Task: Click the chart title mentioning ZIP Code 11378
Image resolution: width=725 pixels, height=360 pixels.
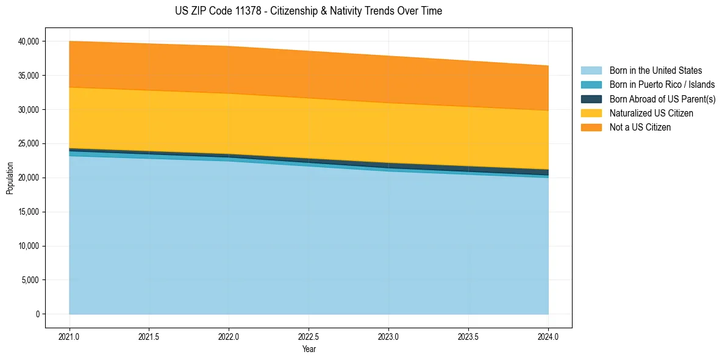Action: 309,11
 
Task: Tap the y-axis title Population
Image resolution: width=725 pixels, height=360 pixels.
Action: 10,178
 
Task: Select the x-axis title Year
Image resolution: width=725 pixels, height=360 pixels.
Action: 309,349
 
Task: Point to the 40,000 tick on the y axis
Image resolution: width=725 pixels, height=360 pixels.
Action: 29,41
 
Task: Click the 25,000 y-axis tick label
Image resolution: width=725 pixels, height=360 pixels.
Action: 29,144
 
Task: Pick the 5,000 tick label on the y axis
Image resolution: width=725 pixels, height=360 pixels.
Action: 30,280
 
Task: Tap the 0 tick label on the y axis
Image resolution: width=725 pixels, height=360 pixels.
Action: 37,314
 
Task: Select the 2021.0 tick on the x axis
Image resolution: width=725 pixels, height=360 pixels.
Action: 70,336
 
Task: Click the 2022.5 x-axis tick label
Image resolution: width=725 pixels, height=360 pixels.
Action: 309,336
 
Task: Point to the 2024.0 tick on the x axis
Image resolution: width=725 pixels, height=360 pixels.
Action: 548,336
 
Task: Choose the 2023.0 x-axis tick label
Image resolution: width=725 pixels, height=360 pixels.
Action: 388,336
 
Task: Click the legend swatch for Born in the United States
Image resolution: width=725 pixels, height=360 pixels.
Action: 591,71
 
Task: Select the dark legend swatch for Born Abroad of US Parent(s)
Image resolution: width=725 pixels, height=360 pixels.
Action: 591,99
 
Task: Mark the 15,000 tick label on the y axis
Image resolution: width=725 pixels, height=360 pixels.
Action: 29,212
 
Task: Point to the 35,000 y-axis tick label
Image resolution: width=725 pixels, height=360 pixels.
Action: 29,76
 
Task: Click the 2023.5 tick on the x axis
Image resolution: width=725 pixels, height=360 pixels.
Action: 468,336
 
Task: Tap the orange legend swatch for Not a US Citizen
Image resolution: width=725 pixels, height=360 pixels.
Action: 591,128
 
